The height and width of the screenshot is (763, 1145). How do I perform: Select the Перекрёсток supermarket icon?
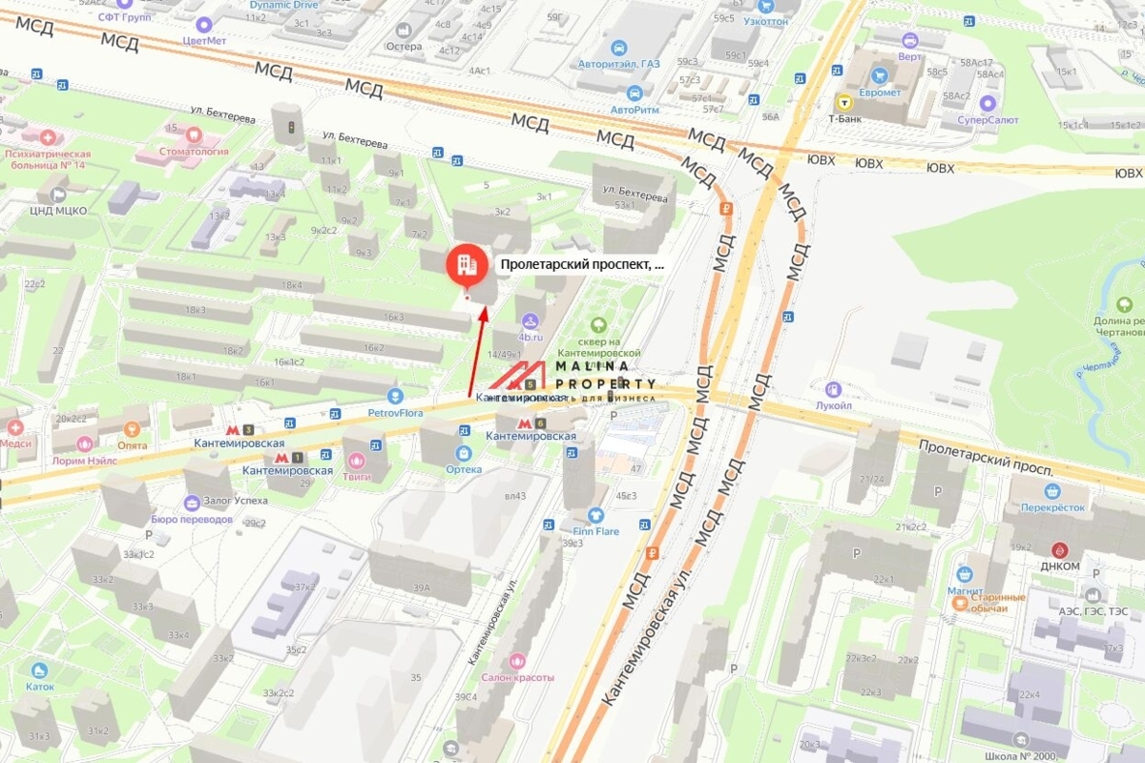(x=1052, y=492)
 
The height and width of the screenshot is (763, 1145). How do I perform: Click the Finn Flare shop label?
(x=596, y=530)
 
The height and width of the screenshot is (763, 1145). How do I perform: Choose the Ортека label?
(x=464, y=468)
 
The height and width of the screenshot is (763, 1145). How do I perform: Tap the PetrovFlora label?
(x=394, y=413)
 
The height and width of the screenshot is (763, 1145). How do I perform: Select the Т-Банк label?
(x=844, y=118)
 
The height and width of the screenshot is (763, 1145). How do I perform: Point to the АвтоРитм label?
(x=635, y=109)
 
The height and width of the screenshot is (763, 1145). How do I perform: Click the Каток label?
(x=39, y=685)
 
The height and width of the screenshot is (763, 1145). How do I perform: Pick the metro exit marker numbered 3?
(x=248, y=430)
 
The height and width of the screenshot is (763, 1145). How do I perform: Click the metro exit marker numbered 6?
(x=539, y=423)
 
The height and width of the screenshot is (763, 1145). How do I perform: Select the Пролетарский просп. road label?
(x=986, y=459)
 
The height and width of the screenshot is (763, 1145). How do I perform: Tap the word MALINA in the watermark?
(x=593, y=366)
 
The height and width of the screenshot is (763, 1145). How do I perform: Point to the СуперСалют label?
(x=987, y=119)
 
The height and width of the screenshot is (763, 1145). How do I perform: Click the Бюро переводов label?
(x=192, y=519)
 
